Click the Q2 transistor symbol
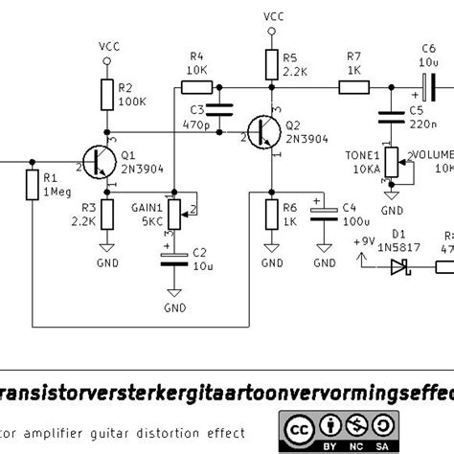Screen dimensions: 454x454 tap(263, 134)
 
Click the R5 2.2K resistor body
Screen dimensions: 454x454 tap(272, 63)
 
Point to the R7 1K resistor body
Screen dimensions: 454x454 tap(352, 88)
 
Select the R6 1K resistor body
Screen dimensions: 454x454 tap(272, 213)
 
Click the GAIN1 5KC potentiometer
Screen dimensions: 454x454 tap(173, 211)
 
